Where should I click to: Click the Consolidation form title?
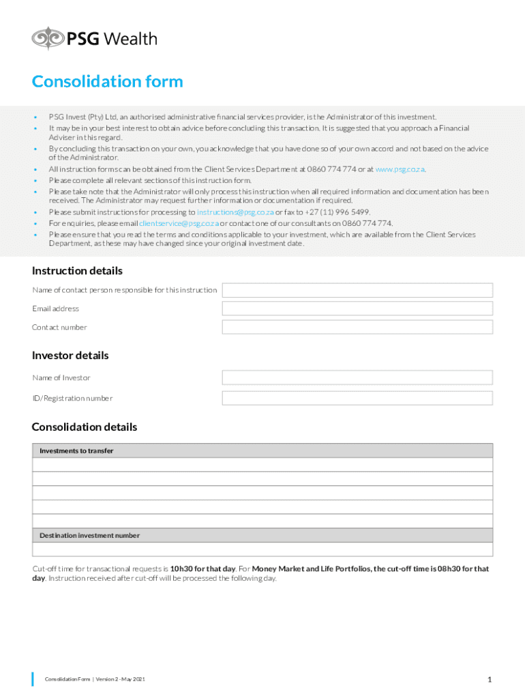(x=107, y=82)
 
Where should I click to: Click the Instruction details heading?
(x=77, y=271)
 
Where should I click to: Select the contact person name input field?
(x=357, y=290)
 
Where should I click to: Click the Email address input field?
(x=357, y=309)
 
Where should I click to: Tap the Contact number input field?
(x=357, y=327)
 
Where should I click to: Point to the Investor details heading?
(x=70, y=356)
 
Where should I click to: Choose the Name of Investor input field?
(x=357, y=377)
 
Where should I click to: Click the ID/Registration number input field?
(x=357, y=398)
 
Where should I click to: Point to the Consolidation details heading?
(x=85, y=427)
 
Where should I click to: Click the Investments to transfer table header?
(x=76, y=451)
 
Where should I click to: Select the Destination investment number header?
(x=89, y=535)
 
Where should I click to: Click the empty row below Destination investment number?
(x=262, y=550)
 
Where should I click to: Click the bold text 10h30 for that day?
(x=202, y=569)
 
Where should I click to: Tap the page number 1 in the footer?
(x=490, y=679)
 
